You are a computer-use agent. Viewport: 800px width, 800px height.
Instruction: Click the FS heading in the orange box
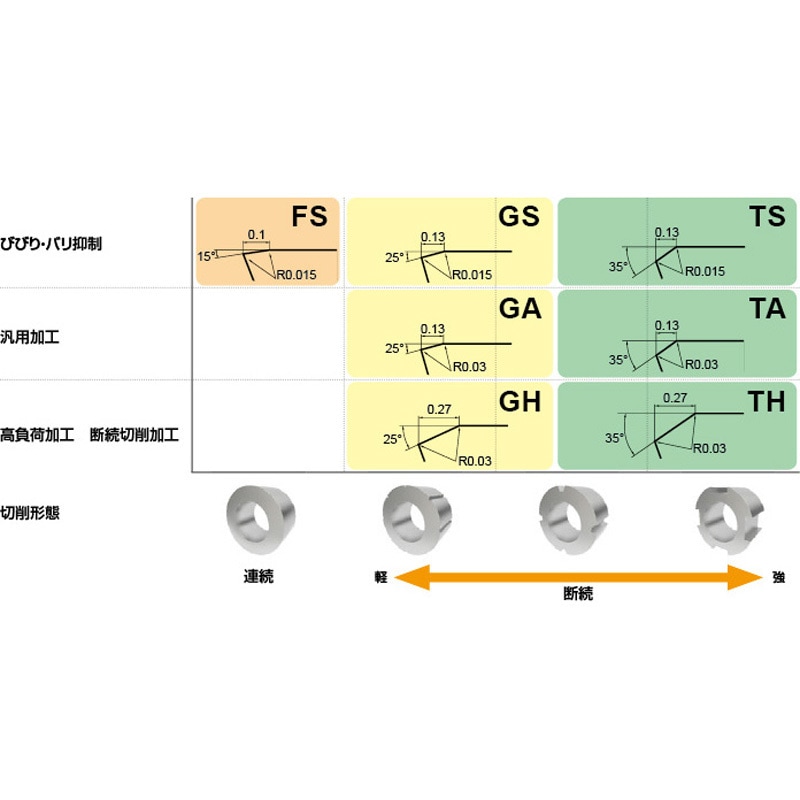309,216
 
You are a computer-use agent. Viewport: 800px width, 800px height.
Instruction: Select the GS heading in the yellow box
519,216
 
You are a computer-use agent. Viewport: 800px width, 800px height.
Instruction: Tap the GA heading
520,309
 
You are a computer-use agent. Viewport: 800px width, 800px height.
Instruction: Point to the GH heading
520,402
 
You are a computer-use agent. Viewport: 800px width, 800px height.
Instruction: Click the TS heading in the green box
767,216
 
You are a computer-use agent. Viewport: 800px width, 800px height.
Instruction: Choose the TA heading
767,309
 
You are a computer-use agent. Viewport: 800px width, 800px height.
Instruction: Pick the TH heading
766,402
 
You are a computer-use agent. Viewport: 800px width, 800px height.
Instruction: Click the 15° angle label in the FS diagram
206,256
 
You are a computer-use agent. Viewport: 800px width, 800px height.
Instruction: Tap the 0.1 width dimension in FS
256,234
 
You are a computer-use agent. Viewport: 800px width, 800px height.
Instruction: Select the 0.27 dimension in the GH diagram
439,409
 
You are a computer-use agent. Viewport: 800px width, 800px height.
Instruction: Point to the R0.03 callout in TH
709,448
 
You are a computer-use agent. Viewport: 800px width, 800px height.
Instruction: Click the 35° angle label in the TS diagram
618,266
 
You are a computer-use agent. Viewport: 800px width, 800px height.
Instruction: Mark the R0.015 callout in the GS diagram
472,274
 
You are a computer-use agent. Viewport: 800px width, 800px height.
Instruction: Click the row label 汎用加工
30,337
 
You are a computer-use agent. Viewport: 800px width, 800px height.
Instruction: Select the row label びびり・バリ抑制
51,244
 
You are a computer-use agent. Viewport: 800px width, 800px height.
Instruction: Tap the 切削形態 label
30,513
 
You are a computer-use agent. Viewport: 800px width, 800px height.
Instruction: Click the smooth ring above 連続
261,520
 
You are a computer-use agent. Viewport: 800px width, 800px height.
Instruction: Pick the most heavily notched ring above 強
730,520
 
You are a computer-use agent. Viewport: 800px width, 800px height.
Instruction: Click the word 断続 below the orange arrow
578,593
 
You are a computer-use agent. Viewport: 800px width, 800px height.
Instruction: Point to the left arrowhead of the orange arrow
412,578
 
